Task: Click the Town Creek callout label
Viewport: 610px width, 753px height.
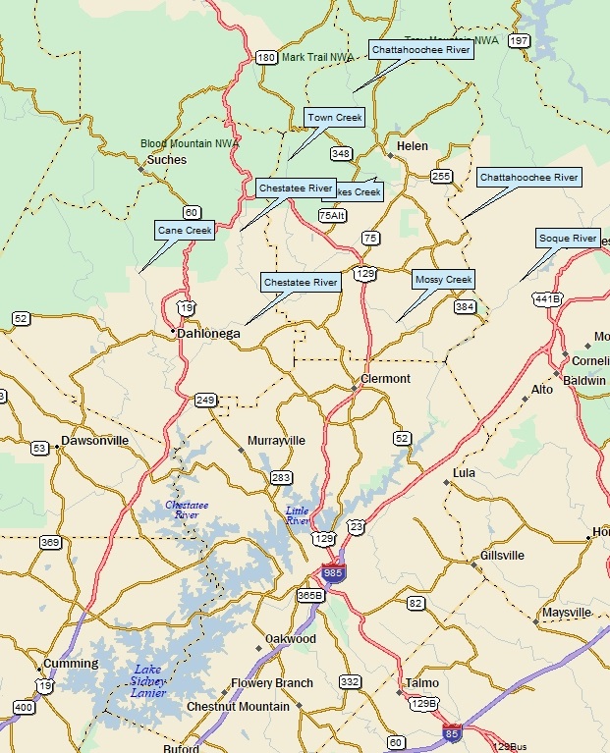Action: (x=335, y=118)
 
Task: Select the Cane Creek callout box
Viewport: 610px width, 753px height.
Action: (x=185, y=231)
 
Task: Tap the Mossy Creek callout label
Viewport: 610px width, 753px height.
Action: (x=444, y=280)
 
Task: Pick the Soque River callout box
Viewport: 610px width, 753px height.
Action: (x=568, y=239)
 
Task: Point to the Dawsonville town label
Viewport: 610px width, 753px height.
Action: (x=94, y=441)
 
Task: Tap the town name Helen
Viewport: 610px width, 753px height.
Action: (x=413, y=146)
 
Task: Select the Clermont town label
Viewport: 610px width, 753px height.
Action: (x=386, y=379)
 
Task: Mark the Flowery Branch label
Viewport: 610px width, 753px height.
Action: (x=272, y=683)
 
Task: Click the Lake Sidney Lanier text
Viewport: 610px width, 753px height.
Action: (x=148, y=681)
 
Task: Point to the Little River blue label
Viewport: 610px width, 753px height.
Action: (x=297, y=516)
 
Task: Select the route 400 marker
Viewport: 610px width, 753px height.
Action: (x=24, y=707)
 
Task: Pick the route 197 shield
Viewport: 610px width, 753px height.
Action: (x=520, y=41)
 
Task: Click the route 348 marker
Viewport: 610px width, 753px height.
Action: (x=341, y=153)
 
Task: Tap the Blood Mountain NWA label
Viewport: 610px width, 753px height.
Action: (x=190, y=143)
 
